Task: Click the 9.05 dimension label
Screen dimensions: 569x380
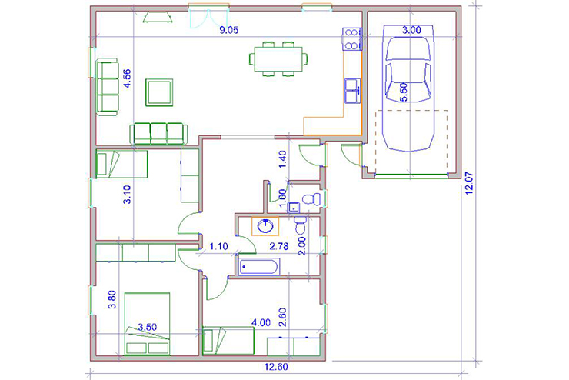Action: click(x=229, y=30)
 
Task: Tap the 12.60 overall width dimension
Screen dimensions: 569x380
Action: click(x=276, y=367)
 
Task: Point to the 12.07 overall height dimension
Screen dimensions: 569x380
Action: click(x=469, y=183)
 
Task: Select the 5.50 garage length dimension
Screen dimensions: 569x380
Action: click(x=404, y=92)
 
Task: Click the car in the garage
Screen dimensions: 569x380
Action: click(x=409, y=88)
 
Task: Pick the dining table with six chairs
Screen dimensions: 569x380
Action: click(x=278, y=59)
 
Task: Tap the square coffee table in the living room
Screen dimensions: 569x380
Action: click(x=159, y=92)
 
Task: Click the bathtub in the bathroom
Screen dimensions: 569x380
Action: click(x=258, y=267)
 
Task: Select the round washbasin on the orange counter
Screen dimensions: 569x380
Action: click(x=265, y=226)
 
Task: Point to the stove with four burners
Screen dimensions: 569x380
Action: click(x=351, y=38)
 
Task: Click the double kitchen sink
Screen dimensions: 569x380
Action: click(x=352, y=91)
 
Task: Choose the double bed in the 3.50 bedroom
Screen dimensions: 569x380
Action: click(x=147, y=324)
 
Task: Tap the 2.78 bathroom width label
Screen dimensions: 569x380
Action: click(x=278, y=246)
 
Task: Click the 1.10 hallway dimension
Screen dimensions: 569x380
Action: click(x=218, y=246)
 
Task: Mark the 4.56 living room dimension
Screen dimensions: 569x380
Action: click(x=127, y=78)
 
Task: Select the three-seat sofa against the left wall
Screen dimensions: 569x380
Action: click(x=108, y=87)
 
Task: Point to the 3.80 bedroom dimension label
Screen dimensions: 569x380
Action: click(x=112, y=299)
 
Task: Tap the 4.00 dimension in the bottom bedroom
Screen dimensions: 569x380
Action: click(x=261, y=322)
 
